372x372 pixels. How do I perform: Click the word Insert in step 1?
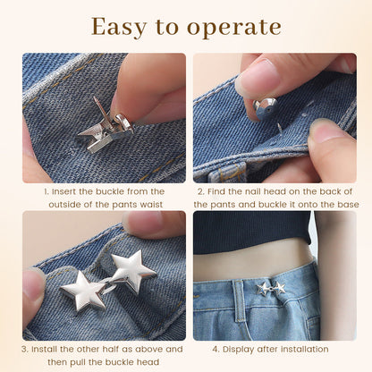[x=63, y=191]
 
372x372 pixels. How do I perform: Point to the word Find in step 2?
[x=216, y=191]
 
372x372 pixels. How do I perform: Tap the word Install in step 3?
[x=45, y=349]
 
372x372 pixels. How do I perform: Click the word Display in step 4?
[x=238, y=349]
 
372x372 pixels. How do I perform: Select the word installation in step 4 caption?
[x=304, y=349]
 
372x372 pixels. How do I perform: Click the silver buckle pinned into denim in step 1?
[x=106, y=128]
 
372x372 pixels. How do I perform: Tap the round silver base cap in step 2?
[x=266, y=108]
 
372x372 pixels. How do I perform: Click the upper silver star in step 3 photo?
[x=132, y=270]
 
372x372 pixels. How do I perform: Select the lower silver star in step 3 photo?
[x=84, y=291]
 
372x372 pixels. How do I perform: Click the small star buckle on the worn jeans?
[x=271, y=289]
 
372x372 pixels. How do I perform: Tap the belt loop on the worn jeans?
[x=239, y=301]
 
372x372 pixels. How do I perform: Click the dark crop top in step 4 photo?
[x=252, y=232]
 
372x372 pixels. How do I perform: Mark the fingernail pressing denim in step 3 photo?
[x=33, y=284]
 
